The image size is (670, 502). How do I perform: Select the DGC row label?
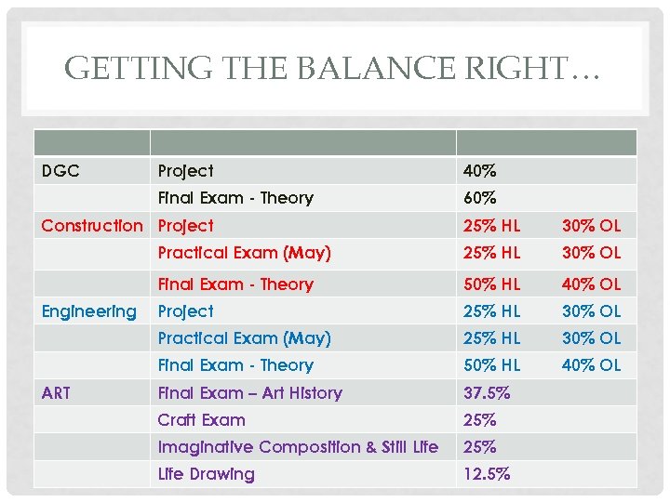(x=60, y=171)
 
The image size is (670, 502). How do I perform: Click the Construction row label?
(x=92, y=225)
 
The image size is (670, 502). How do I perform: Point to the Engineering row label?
(x=88, y=311)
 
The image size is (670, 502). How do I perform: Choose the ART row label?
(x=56, y=393)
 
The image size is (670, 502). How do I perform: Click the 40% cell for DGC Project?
(x=480, y=171)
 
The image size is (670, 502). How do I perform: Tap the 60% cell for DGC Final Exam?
(x=480, y=198)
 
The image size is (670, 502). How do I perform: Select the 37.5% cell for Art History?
(x=487, y=393)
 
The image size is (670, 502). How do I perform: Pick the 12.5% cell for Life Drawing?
(x=487, y=474)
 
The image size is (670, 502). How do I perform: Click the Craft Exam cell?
(x=201, y=420)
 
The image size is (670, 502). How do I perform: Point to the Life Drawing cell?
(x=206, y=474)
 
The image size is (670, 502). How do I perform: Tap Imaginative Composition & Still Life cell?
(x=298, y=447)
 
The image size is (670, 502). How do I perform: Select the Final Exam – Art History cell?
(x=249, y=393)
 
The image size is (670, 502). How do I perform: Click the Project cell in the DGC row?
(x=185, y=171)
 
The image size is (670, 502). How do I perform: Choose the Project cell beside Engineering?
(x=185, y=311)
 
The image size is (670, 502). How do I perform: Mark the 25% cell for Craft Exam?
(x=480, y=420)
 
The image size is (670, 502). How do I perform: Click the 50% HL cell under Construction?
(x=492, y=284)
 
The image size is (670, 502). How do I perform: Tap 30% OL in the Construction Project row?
(x=591, y=225)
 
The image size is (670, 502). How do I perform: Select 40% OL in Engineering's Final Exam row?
(x=591, y=365)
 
